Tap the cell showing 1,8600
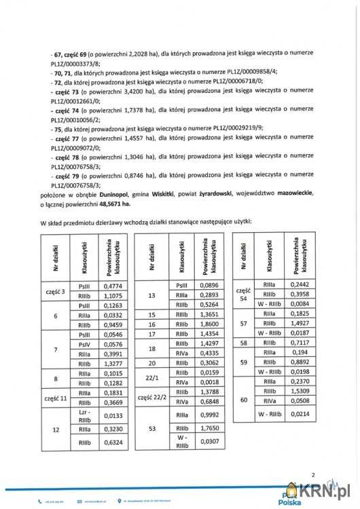pyautogui.click(x=212, y=325)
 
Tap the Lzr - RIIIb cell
pyautogui.click(x=84, y=415)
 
